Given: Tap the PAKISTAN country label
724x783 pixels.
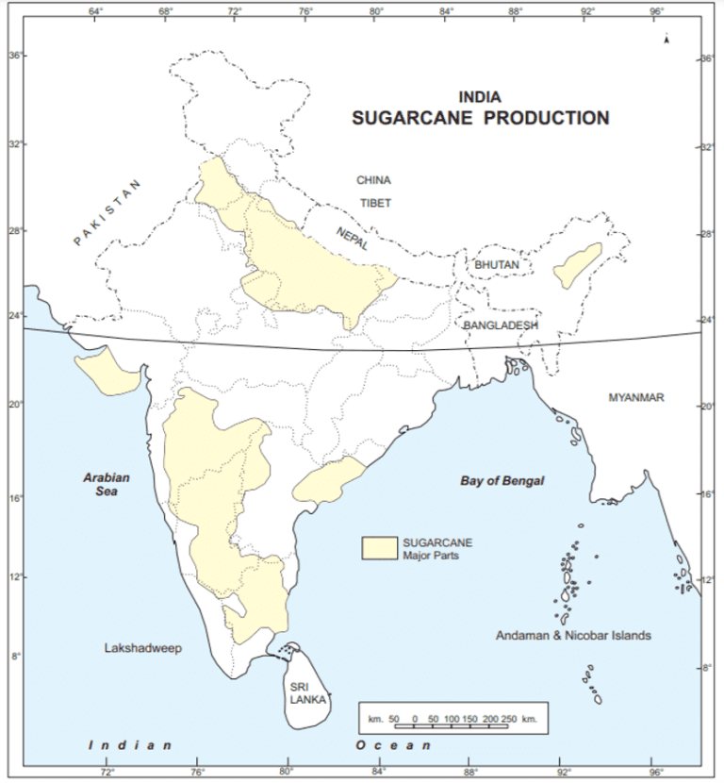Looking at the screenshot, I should click(107, 213).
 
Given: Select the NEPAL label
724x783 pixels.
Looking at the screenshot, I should click(353, 242).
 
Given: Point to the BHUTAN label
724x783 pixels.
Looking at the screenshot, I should click(497, 265).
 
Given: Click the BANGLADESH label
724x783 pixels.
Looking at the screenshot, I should click(501, 325).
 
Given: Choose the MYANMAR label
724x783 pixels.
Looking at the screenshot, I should click(635, 398).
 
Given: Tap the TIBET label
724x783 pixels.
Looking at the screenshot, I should click(374, 203).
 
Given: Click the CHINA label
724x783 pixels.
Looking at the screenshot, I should click(373, 179).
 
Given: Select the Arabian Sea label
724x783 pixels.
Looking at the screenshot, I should click(105, 484).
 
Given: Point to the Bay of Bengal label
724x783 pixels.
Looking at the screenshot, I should click(502, 481).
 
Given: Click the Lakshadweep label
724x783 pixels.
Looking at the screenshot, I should click(142, 648).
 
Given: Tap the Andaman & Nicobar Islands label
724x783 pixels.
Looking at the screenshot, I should click(572, 636).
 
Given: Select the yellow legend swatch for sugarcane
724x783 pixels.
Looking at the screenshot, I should click(380, 548).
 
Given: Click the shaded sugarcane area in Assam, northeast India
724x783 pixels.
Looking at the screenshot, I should click(577, 266).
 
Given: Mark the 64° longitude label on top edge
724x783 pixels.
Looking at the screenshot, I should click(95, 11).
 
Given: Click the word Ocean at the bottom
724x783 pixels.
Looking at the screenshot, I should click(386, 745).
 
